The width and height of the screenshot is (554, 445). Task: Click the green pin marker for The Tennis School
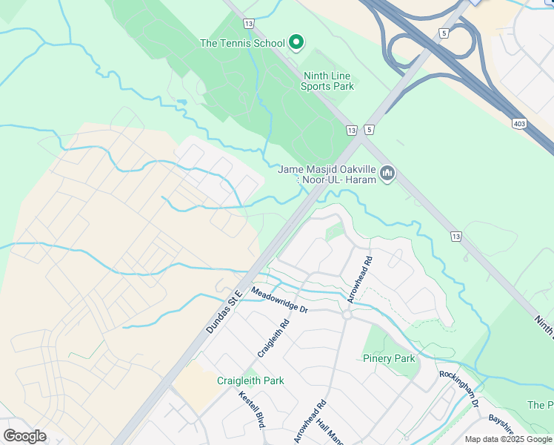point(296,42)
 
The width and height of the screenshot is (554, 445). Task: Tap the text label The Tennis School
point(242,43)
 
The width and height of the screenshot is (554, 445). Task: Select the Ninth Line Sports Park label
point(327,81)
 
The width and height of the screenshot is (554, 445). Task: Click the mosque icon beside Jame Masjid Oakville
point(387,174)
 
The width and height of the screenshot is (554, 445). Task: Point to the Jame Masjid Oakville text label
point(326,174)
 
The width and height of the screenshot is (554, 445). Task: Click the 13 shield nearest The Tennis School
point(248,24)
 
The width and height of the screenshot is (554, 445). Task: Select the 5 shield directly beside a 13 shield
point(368,130)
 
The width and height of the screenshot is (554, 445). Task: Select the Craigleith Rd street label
point(272,336)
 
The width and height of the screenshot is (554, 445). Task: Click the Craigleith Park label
point(250,380)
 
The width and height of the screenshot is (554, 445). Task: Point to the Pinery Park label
point(389,359)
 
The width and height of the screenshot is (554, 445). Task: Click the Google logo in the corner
point(24,436)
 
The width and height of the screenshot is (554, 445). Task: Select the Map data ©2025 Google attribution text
point(508,439)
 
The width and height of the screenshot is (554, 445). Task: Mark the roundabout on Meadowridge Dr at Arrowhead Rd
point(346,314)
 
